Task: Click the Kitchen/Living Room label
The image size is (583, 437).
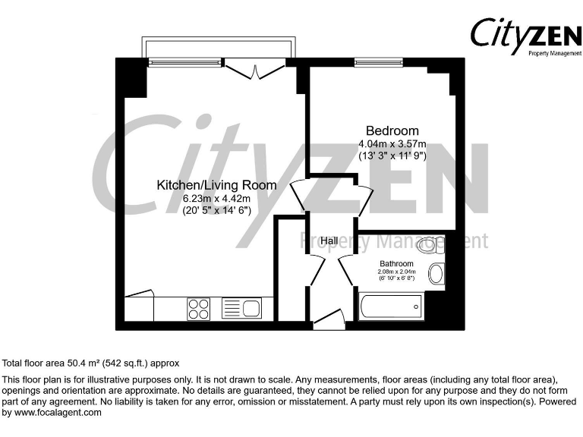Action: pos(216,185)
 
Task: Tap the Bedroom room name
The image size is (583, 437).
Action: pos(392,130)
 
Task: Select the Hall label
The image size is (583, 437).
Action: pos(329,241)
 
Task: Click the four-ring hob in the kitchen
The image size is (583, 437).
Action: pos(199,308)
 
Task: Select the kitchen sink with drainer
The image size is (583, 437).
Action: pos(241,308)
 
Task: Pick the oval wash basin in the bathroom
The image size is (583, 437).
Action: pos(436,274)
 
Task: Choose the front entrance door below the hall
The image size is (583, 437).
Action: pos(328,322)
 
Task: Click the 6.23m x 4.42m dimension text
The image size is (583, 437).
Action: pos(216,199)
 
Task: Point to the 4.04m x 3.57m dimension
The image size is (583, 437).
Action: pos(392,144)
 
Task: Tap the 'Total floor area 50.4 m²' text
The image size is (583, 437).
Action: pos(91,363)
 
